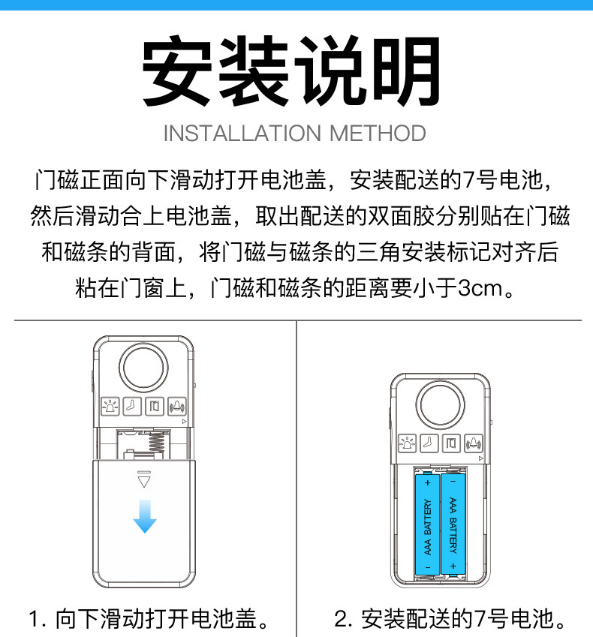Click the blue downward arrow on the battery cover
(x=145, y=515)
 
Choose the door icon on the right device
(x=452, y=443)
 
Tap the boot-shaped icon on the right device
(x=429, y=443)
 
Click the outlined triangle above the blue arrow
(x=145, y=479)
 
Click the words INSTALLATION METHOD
(x=294, y=134)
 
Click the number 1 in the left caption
(x=33, y=620)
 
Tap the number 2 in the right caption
(x=342, y=620)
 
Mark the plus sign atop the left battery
(x=427, y=482)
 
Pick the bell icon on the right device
(x=474, y=443)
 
